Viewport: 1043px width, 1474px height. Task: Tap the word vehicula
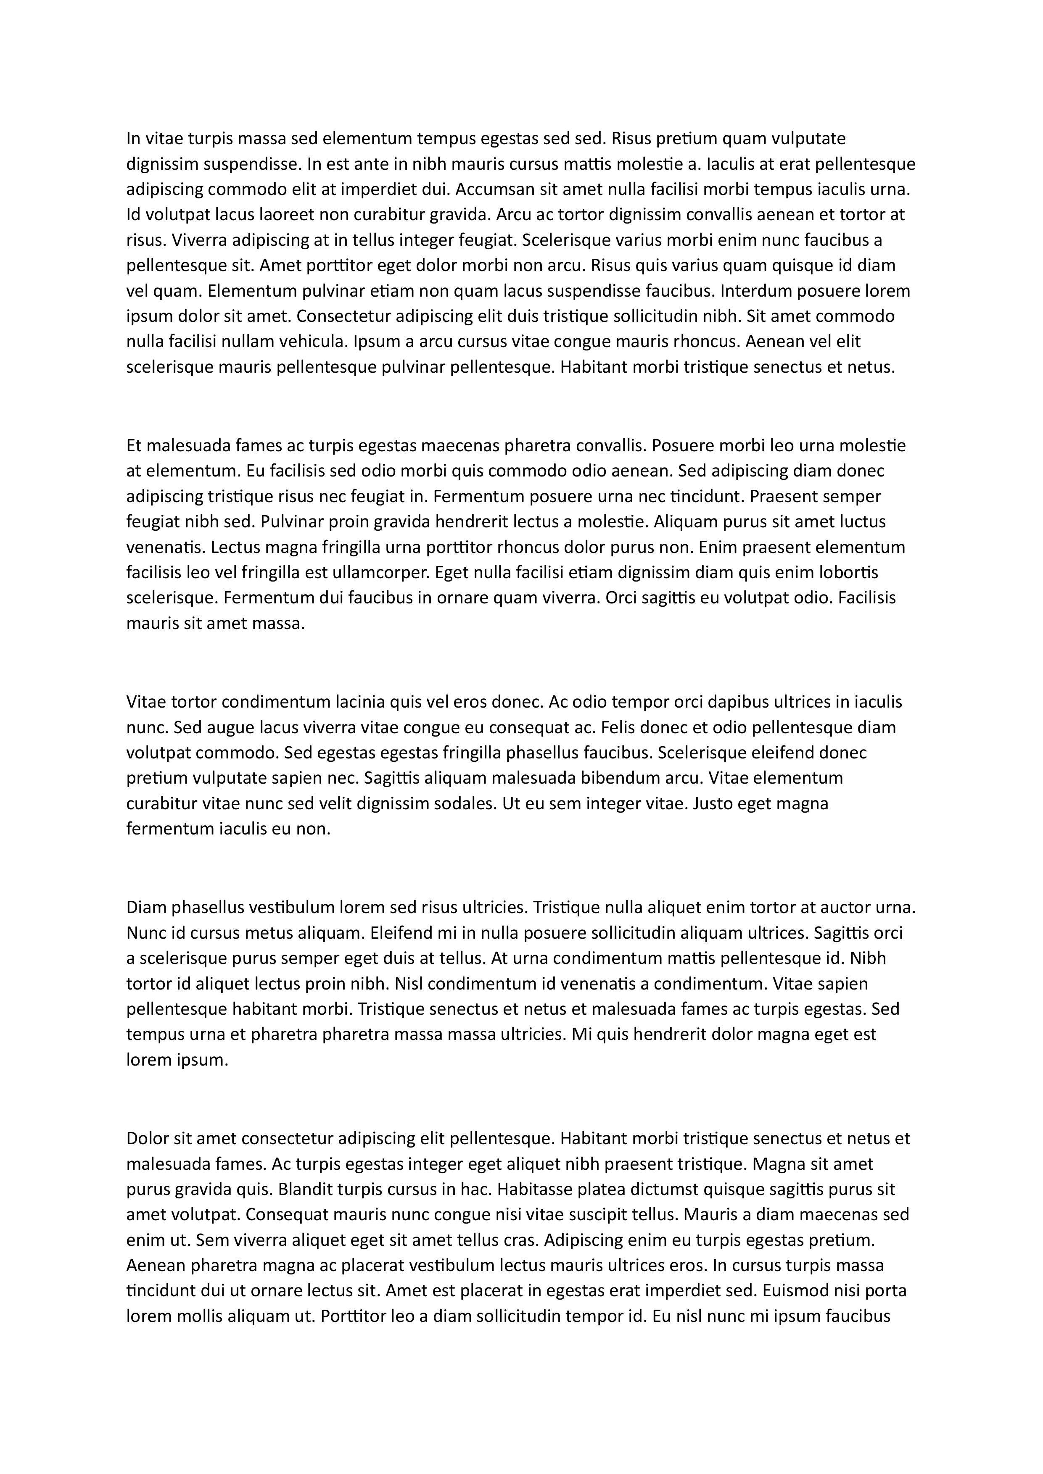(x=315, y=342)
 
